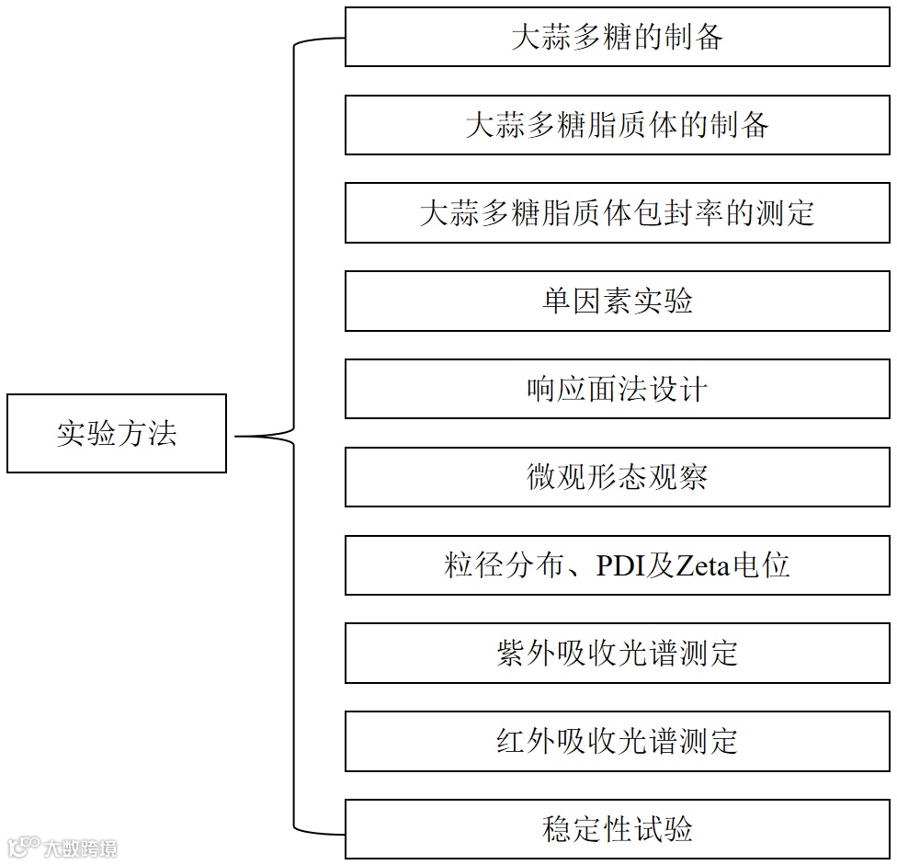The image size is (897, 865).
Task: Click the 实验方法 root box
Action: click(117, 433)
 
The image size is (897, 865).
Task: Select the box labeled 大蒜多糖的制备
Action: click(617, 37)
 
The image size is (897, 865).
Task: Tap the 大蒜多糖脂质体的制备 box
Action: click(617, 125)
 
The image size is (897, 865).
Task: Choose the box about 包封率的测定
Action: click(617, 213)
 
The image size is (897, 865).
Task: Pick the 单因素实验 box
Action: click(617, 301)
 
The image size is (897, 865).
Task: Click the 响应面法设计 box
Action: click(617, 389)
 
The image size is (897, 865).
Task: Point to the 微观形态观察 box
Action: click(617, 477)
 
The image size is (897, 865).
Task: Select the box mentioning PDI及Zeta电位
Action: click(617, 564)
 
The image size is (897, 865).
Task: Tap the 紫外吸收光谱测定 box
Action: click(617, 653)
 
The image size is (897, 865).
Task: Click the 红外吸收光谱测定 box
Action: click(617, 741)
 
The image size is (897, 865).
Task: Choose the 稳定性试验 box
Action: click(617, 829)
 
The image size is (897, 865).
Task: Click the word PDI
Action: click(622, 565)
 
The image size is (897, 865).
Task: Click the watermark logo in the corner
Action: click(22, 846)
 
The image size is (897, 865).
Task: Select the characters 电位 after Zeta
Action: click(763, 565)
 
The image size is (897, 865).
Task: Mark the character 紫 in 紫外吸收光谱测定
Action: click(511, 654)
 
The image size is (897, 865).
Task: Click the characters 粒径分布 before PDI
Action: click(504, 565)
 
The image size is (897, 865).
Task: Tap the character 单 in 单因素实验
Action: click(557, 302)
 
